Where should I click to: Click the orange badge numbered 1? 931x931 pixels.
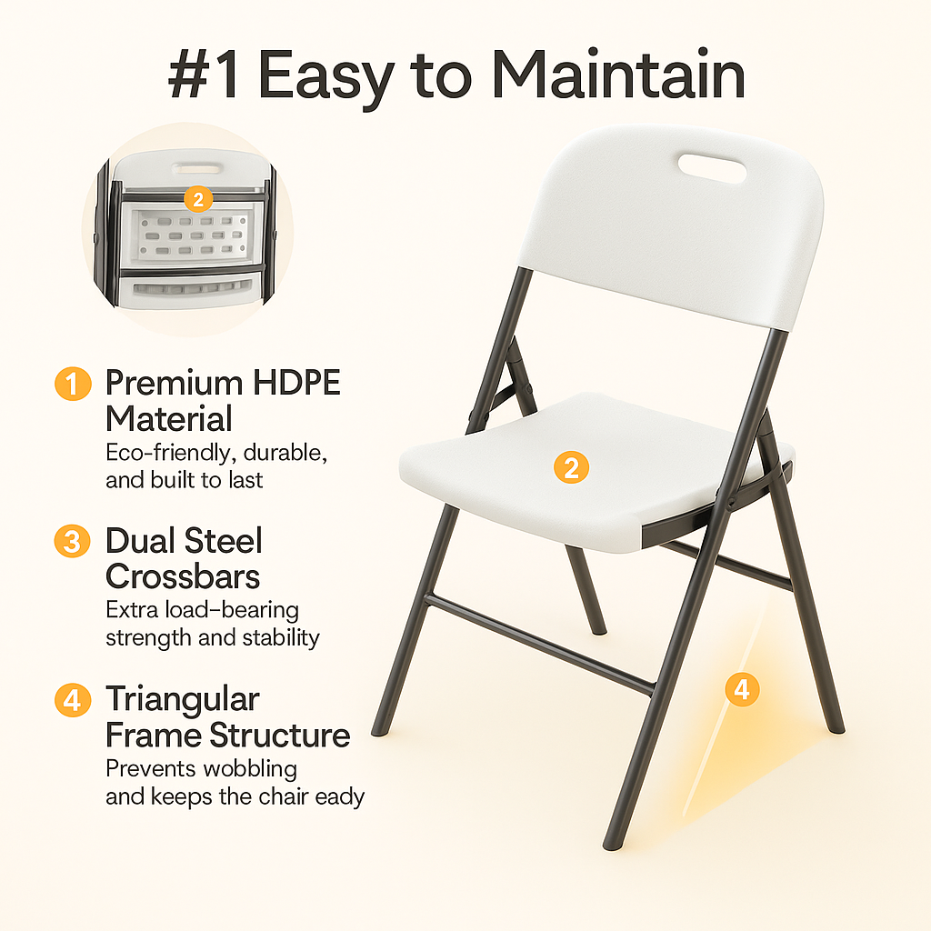point(73,384)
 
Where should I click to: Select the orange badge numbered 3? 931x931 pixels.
point(73,542)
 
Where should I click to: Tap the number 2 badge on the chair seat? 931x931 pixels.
point(571,468)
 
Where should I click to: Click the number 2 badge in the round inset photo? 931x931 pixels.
point(197,198)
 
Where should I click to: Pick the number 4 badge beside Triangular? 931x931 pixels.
point(73,700)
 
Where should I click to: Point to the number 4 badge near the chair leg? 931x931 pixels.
point(742,689)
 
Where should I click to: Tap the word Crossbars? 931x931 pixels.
point(183,576)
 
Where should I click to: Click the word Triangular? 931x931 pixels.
point(183,699)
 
